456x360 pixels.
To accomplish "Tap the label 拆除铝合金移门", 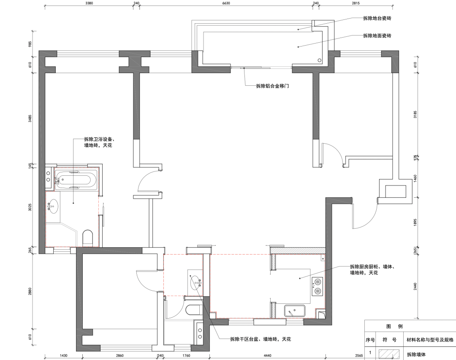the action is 272,86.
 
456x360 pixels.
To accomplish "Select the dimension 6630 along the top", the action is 226,3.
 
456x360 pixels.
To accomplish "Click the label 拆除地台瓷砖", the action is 377,18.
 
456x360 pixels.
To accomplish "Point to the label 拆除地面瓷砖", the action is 377,35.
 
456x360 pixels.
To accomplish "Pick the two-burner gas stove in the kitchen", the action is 318,286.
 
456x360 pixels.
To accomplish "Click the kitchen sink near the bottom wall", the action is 295,311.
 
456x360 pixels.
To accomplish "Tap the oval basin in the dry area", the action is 196,282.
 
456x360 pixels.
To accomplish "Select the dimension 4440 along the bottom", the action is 267,355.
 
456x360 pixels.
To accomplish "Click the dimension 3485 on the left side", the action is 30,118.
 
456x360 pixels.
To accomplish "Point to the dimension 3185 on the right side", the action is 415,114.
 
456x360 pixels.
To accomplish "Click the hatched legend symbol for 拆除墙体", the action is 389,355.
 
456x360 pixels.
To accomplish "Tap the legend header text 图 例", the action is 395,326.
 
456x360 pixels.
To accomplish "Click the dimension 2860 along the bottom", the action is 119,355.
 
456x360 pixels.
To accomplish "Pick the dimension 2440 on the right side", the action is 415,286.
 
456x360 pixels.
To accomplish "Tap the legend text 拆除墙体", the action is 416,355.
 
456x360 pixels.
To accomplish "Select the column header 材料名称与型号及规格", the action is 430,340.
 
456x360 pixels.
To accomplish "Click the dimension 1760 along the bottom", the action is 186,355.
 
